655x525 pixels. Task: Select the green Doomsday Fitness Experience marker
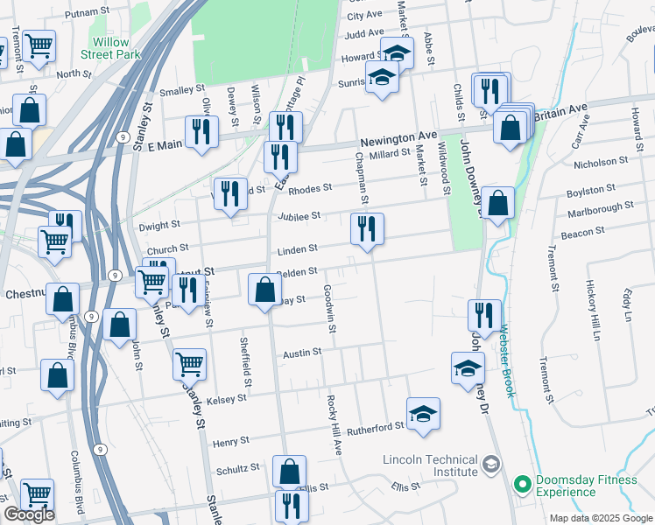coord(523,484)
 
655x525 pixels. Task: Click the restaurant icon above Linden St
coord(367,229)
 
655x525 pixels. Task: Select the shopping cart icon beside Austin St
coord(189,363)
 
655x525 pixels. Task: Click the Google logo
coord(28,514)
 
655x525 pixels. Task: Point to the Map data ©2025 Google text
coord(600,518)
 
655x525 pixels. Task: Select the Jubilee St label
coord(300,215)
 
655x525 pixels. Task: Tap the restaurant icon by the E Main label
coord(202,131)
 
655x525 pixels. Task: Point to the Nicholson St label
coord(601,162)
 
